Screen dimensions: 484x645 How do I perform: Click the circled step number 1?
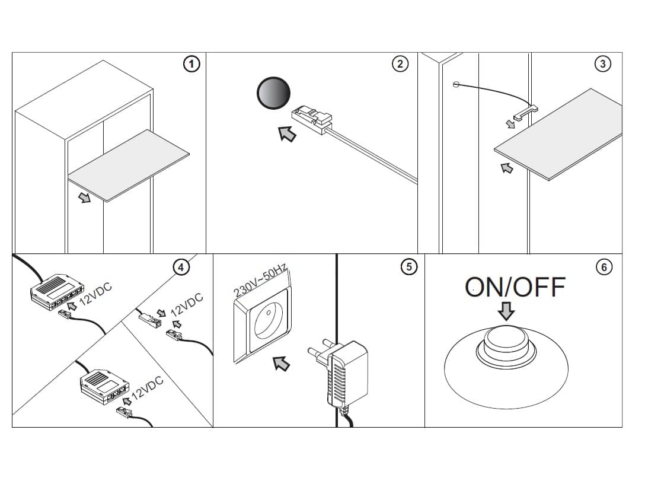[x=191, y=64]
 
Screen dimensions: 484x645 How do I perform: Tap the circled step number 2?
[x=401, y=64]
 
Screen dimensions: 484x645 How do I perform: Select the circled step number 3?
[x=603, y=64]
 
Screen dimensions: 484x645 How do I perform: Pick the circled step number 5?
[x=408, y=268]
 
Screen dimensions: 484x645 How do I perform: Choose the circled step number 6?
[x=604, y=268]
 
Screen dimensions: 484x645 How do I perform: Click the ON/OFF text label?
[x=515, y=287]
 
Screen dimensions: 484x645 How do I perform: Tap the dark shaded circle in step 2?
[x=273, y=93]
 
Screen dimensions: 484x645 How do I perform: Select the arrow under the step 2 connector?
[x=288, y=134]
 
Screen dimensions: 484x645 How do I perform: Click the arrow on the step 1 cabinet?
[x=85, y=197]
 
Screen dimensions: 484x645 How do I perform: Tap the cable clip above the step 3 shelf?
[x=525, y=112]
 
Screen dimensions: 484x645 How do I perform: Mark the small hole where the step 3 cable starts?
[x=456, y=84]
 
